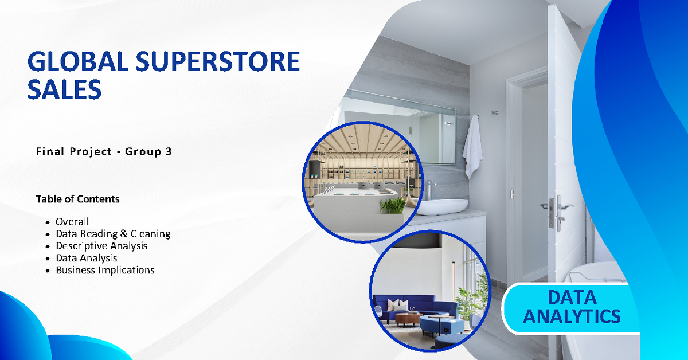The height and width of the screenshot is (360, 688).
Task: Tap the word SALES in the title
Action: click(65, 90)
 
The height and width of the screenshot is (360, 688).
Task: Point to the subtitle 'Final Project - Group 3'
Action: click(104, 152)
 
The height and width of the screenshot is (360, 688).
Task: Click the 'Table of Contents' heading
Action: click(77, 199)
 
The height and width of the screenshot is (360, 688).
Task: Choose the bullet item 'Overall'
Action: click(72, 222)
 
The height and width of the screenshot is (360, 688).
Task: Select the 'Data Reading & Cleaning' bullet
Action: click(113, 234)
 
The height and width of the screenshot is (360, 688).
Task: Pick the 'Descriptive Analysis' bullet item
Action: click(101, 246)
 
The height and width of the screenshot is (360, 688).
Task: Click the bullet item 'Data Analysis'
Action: click(87, 258)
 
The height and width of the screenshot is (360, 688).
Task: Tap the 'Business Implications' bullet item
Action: click(105, 270)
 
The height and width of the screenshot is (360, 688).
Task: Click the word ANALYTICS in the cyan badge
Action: click(572, 316)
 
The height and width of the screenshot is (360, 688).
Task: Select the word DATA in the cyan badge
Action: click(572, 298)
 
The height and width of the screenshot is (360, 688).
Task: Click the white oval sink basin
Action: click(441, 206)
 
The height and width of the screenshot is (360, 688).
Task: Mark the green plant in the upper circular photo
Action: click(393, 206)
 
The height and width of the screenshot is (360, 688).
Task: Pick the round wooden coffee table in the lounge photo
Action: click(408, 318)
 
